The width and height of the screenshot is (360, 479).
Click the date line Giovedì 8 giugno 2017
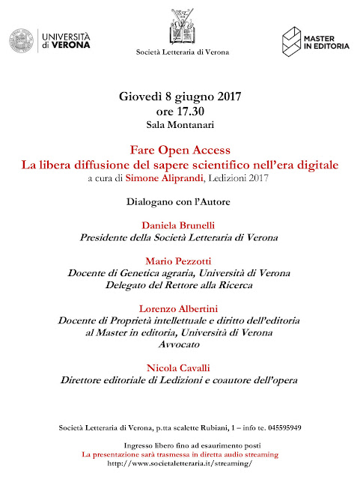click(180, 98)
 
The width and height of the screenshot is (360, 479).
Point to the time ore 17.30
click(180, 111)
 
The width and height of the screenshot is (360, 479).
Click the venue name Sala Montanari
click(180, 123)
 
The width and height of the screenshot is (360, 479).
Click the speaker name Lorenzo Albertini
click(180, 308)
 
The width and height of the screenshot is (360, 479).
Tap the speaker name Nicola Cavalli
click(180, 367)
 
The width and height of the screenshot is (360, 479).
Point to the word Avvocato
click(180, 344)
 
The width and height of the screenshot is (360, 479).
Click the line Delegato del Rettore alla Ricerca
click(180, 284)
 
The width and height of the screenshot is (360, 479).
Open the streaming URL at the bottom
click(180, 463)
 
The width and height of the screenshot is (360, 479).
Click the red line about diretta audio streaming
click(180, 454)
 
